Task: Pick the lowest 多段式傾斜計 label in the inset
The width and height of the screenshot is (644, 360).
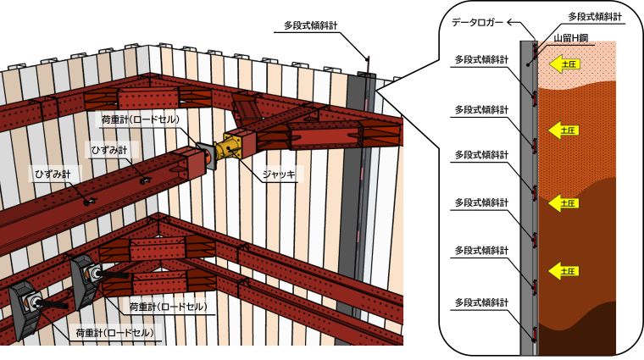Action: point(482,302)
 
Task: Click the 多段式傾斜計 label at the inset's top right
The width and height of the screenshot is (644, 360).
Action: point(596,16)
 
